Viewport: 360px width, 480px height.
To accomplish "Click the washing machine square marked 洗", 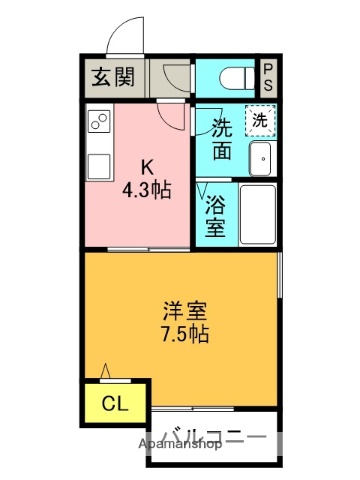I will point(259,120).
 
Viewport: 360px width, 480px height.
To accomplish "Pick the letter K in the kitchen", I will point(146,166).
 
